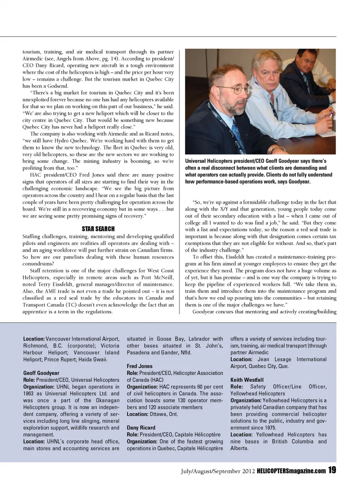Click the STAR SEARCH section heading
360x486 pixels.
pyautogui.click(x=98, y=229)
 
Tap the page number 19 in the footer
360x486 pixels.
pyautogui.click(x=332, y=470)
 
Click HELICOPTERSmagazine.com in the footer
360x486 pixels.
pyautogui.click(x=291, y=471)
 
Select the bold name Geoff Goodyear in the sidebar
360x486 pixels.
pyautogui.click(x=41, y=373)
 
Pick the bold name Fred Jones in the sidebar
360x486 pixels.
pyautogui.click(x=139, y=366)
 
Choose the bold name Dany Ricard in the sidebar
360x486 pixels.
pyautogui.click(x=141, y=428)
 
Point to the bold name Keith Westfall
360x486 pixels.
pyautogui.click(x=247, y=380)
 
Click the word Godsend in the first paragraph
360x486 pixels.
pyautogui.click(x=58, y=86)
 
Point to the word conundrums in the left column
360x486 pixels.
pyautogui.click(x=38, y=263)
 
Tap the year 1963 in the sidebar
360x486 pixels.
pyautogui.click(x=29, y=393)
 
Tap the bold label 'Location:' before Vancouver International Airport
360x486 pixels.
pyautogui.click(x=34, y=339)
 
